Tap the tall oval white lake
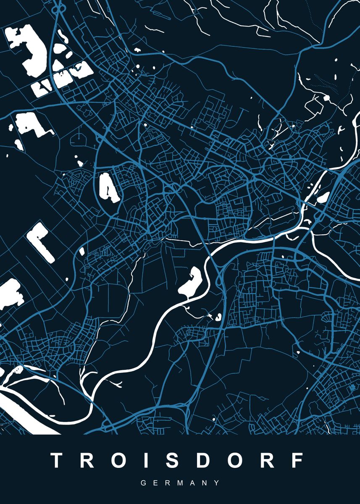point(108,187)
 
